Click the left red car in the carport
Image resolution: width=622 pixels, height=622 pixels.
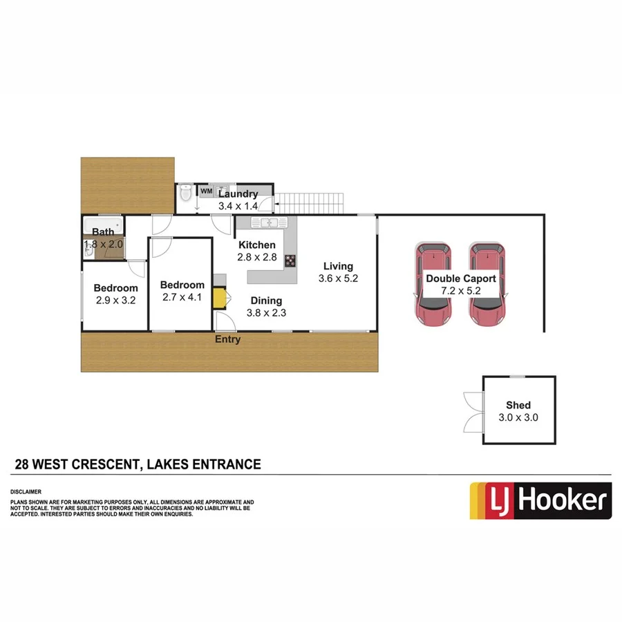(x=432, y=283)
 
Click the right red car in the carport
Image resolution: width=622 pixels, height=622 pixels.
(x=487, y=283)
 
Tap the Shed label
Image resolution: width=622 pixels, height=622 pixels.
(x=518, y=406)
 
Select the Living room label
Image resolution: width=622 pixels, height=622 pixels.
(x=338, y=266)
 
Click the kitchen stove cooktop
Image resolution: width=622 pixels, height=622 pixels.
(x=290, y=261)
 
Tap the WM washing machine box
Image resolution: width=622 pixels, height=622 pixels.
(x=206, y=191)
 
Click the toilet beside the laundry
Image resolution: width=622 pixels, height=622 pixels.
(x=185, y=195)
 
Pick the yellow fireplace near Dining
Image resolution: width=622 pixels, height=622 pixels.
(x=220, y=298)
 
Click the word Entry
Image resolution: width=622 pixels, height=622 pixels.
(x=228, y=339)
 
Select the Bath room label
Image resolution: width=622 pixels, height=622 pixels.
(x=103, y=233)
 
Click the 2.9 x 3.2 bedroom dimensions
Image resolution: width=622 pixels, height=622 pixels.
(x=116, y=301)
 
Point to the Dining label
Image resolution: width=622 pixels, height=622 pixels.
(x=266, y=301)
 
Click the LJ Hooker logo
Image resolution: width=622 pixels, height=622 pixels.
(x=540, y=500)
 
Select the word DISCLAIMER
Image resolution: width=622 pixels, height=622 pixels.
(x=26, y=493)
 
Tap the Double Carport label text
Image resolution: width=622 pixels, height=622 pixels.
(x=461, y=279)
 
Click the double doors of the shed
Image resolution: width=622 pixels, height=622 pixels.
(x=473, y=411)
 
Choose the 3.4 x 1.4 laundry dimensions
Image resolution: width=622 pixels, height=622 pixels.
(x=238, y=206)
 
